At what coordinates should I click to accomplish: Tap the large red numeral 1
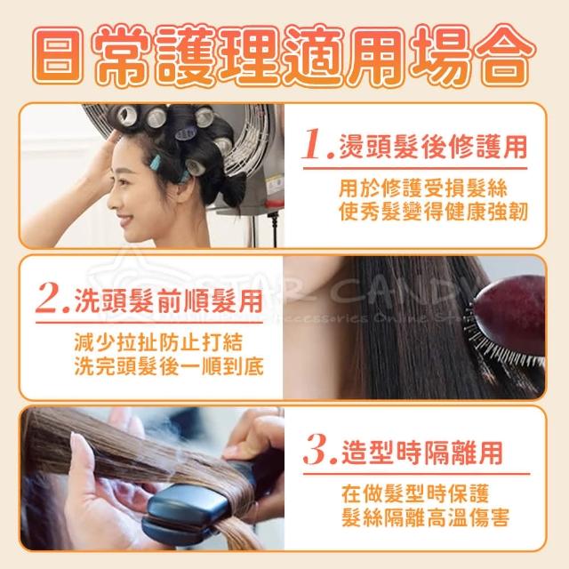click(x=314, y=144)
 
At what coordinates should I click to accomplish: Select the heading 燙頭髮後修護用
click(x=432, y=147)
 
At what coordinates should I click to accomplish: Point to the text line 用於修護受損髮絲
click(x=423, y=188)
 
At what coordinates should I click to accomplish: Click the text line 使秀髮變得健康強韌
click(x=433, y=212)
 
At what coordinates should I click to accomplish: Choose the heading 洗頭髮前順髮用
click(x=168, y=301)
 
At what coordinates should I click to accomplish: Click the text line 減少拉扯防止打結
click(x=158, y=342)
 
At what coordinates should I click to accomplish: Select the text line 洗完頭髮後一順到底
click(x=169, y=365)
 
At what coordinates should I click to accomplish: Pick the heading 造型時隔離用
click(x=422, y=453)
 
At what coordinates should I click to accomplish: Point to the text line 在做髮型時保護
click(x=415, y=493)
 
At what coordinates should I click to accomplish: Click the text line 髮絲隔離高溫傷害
click(x=426, y=517)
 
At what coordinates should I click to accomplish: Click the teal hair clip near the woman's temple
click(x=156, y=162)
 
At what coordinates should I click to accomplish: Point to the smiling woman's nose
click(x=113, y=201)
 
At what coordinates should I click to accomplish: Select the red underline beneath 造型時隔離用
click(x=416, y=474)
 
